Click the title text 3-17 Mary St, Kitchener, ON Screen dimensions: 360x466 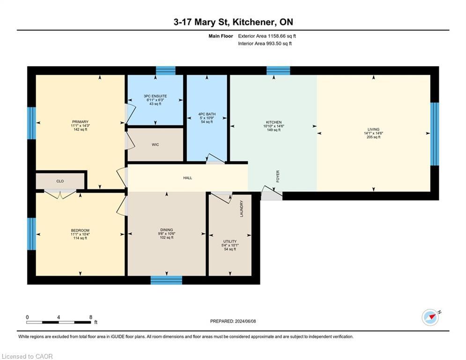tap(233, 22)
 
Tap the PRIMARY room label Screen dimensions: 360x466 tap(80, 122)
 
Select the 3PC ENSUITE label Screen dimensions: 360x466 tap(155, 96)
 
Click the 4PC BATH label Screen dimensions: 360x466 tap(207, 114)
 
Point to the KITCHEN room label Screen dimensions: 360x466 tap(272, 122)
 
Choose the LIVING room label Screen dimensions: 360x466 tap(373, 129)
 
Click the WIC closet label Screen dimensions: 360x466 tap(155, 145)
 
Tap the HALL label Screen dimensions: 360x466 tap(188, 178)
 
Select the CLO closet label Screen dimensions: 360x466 tap(60, 181)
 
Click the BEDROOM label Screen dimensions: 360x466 tap(80, 230)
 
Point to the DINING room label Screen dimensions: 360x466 tap(167, 230)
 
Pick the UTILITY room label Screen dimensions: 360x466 tap(229, 241)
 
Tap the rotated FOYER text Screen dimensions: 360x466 tap(278, 176)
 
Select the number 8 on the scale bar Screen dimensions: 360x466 tap(90, 317)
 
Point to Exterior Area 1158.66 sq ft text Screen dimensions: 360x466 tap(267, 36)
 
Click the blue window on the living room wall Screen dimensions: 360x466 tap(434, 134)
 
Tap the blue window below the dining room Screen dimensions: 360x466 tap(166, 280)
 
